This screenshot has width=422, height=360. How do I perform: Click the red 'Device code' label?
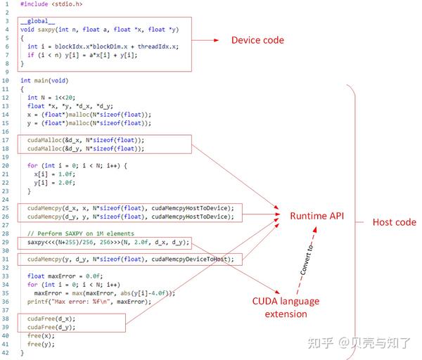[257, 40]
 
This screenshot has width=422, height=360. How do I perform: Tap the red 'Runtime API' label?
[317, 215]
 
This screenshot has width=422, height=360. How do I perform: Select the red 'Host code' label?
[394, 222]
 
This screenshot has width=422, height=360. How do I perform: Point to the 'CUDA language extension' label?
[286, 307]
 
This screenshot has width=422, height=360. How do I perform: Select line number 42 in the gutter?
[6, 353]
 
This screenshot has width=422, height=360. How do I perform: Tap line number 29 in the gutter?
[6, 243]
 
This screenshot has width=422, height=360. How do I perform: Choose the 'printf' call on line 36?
[38, 302]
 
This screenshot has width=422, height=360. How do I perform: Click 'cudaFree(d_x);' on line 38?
[51, 319]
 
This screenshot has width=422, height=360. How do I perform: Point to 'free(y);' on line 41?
[41, 345]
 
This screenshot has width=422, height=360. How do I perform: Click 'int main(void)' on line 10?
[44, 81]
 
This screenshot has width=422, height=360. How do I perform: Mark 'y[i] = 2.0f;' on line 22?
[55, 183]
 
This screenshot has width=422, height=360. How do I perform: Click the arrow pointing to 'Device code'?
[205, 40]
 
